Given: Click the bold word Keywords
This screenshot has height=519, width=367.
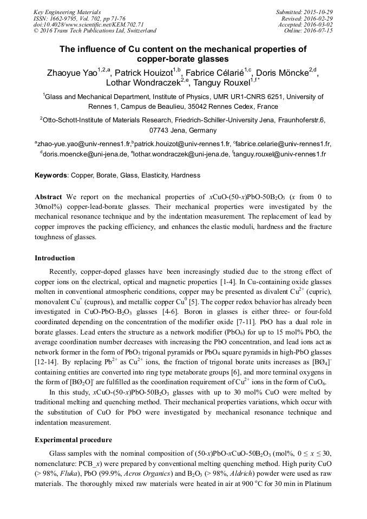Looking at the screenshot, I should point(51,175).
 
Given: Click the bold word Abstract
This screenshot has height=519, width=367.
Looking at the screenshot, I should point(48,196).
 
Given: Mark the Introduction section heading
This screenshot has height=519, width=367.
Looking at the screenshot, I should point(55,258).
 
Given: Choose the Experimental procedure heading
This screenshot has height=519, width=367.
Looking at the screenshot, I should point(73,439).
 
